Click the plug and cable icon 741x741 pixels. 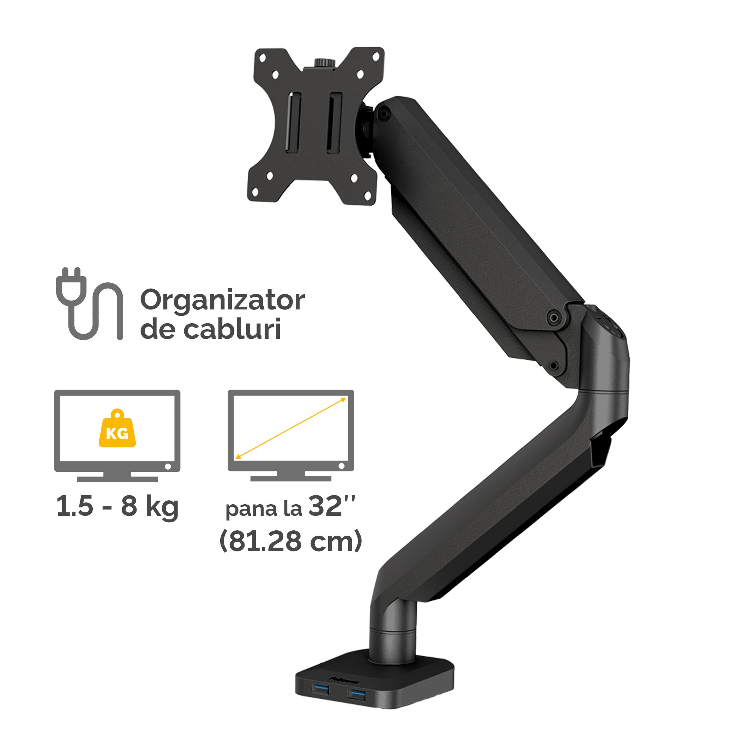(x=89, y=303)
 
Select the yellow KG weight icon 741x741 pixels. (x=117, y=431)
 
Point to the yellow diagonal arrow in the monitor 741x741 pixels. (x=291, y=428)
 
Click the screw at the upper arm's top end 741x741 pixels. (x=382, y=114)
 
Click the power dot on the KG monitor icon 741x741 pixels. (x=168, y=467)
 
